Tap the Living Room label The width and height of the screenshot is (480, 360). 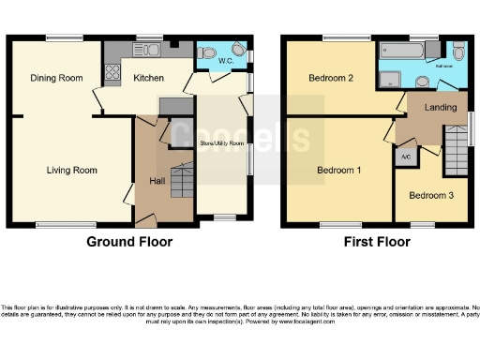(73, 171)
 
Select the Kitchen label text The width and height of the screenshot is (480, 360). (149, 78)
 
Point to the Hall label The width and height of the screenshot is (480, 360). (156, 181)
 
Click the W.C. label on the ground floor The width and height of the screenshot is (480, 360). (226, 62)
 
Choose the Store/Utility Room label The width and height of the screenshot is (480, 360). (222, 143)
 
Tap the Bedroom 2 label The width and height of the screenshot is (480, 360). (330, 78)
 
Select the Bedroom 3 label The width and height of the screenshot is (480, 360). (430, 195)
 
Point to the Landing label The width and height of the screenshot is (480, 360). (440, 108)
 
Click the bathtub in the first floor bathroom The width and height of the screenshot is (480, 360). (409, 52)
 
